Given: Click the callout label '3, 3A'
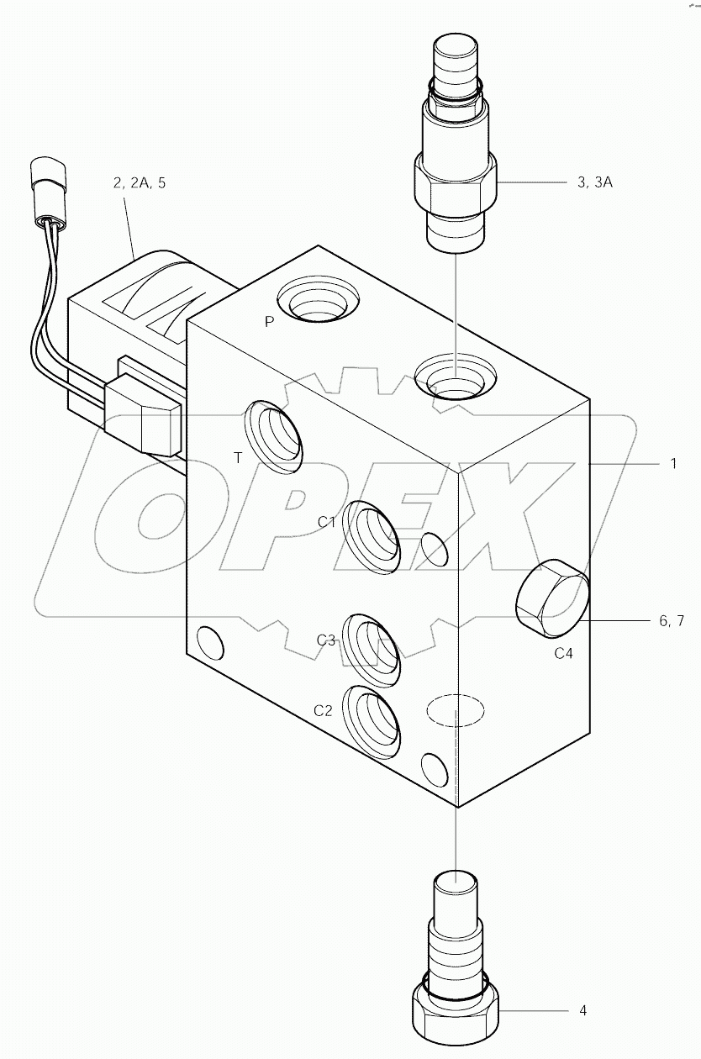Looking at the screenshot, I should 594,182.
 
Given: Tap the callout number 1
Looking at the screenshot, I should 672,463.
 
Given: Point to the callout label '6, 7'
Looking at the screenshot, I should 672,621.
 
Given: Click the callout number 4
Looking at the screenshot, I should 582,1009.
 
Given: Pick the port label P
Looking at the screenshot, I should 269,321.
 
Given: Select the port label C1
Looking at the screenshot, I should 327,522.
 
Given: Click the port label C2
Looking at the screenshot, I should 324,710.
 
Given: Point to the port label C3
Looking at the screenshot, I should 327,640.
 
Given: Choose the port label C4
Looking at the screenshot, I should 563,653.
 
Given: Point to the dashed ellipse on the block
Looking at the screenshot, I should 455,710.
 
